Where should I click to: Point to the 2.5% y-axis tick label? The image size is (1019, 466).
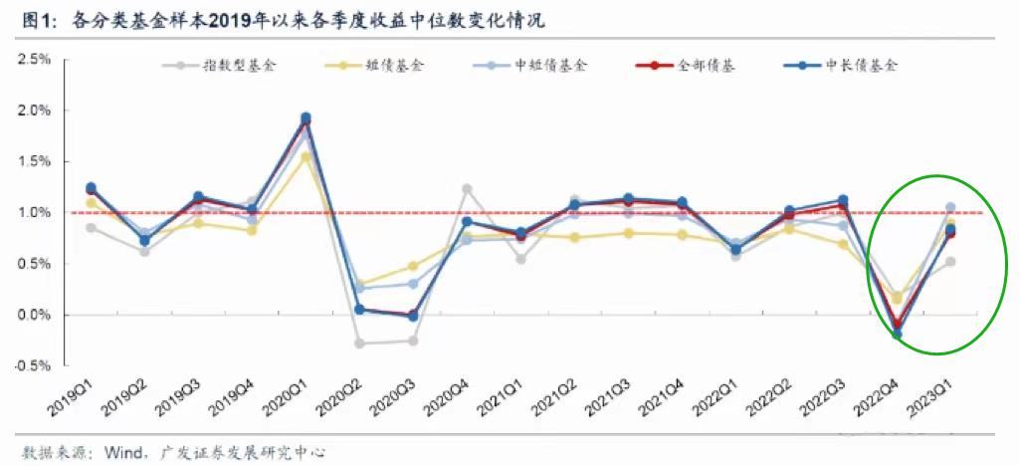[x=34, y=60]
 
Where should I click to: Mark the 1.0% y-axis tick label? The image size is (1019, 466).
[x=34, y=213]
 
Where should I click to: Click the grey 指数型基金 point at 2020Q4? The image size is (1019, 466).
[x=467, y=189]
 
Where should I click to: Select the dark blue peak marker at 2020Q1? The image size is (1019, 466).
[x=306, y=117]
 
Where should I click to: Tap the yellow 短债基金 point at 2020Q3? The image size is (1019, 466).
[x=413, y=266]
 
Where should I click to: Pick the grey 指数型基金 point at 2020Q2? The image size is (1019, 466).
[x=359, y=344]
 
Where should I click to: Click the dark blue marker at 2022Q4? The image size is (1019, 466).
[x=897, y=335]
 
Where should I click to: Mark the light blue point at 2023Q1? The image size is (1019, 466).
[x=950, y=207]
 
